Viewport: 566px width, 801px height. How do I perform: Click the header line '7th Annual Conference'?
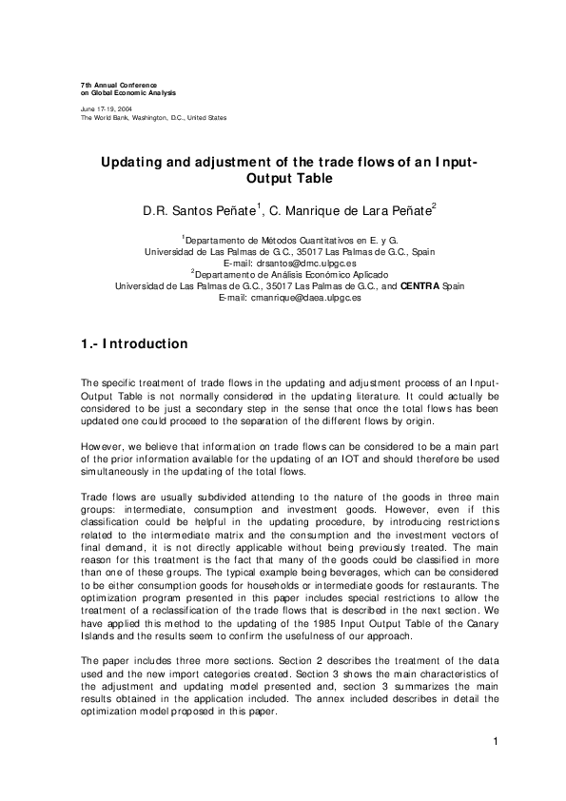coord(119,85)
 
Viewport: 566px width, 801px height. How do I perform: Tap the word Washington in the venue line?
coord(146,118)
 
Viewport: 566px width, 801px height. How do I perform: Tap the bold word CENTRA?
coord(420,285)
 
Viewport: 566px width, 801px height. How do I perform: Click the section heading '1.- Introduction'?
coord(134,344)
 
